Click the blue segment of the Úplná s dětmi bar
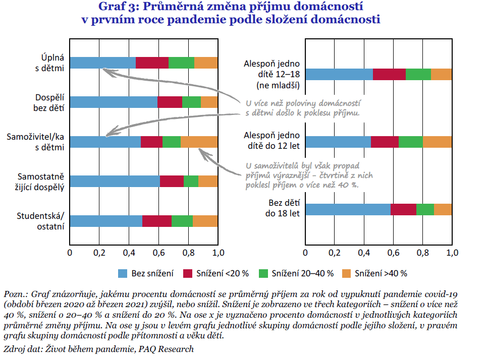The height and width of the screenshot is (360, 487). tap(102, 63)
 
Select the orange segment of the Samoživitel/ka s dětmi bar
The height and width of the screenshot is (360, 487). tap(199, 142)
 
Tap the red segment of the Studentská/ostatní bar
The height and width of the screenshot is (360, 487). tap(157, 221)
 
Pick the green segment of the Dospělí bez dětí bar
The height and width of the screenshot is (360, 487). tap(191, 102)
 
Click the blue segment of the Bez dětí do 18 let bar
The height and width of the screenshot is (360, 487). tap(348, 210)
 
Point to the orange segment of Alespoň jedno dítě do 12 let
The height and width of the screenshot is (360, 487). tap(437, 142)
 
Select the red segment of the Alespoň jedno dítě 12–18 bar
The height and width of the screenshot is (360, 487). tap(389, 74)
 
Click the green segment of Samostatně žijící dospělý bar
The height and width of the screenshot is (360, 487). tap(191, 181)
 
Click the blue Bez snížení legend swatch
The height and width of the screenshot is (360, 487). tap(123, 274)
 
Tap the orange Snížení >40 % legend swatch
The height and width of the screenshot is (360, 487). tap(347, 274)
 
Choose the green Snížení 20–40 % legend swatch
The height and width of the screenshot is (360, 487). tap(263, 274)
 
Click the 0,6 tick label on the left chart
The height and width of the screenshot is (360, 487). tap(158, 253)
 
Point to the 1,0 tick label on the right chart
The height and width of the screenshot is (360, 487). tap(452, 253)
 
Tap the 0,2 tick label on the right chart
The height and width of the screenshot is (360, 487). tap(334, 253)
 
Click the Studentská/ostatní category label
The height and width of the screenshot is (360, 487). tap(41, 221)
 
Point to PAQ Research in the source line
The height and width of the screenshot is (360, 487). tap(167, 349)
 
